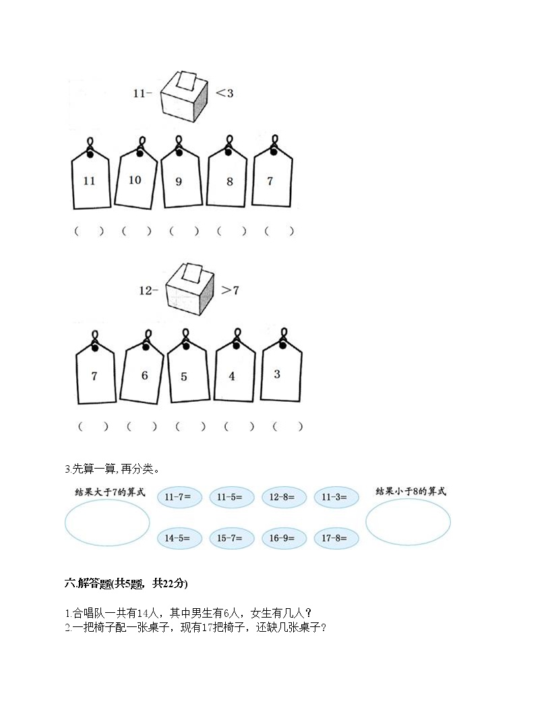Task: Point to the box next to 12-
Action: pos(189,289)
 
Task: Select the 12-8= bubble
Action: pos(283,497)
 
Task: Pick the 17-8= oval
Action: pos(336,538)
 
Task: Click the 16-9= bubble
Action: pos(283,538)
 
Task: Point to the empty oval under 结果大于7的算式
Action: pos(65,522)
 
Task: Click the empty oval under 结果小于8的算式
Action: pos(366,522)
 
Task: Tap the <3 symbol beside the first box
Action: pos(224,93)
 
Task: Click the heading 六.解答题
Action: pos(88,583)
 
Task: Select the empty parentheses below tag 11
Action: pos(89,231)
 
